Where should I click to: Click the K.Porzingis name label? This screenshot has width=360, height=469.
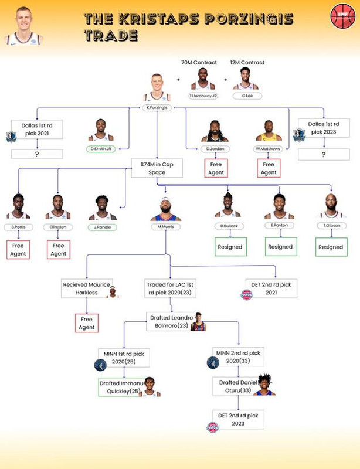tap(157, 108)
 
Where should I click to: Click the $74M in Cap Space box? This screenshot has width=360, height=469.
tap(157, 168)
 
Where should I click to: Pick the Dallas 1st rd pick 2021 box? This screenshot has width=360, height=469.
tap(37, 129)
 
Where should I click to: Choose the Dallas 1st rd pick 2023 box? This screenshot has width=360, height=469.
tap(324, 129)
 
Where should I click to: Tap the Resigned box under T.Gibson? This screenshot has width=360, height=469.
tap(330, 247)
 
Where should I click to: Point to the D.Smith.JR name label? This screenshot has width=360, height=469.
tap(100, 149)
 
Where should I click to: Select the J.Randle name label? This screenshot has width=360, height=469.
tap(103, 227)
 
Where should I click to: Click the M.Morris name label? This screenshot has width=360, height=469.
tap(165, 227)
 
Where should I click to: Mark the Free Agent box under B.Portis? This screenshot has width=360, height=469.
tap(18, 250)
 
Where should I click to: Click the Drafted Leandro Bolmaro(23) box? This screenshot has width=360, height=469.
tap(171, 321)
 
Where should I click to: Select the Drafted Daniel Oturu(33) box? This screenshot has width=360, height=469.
tap(239, 386)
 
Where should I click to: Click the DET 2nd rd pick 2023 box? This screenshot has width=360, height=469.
tap(238, 420)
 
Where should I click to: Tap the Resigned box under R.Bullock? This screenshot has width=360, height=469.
tap(230, 247)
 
